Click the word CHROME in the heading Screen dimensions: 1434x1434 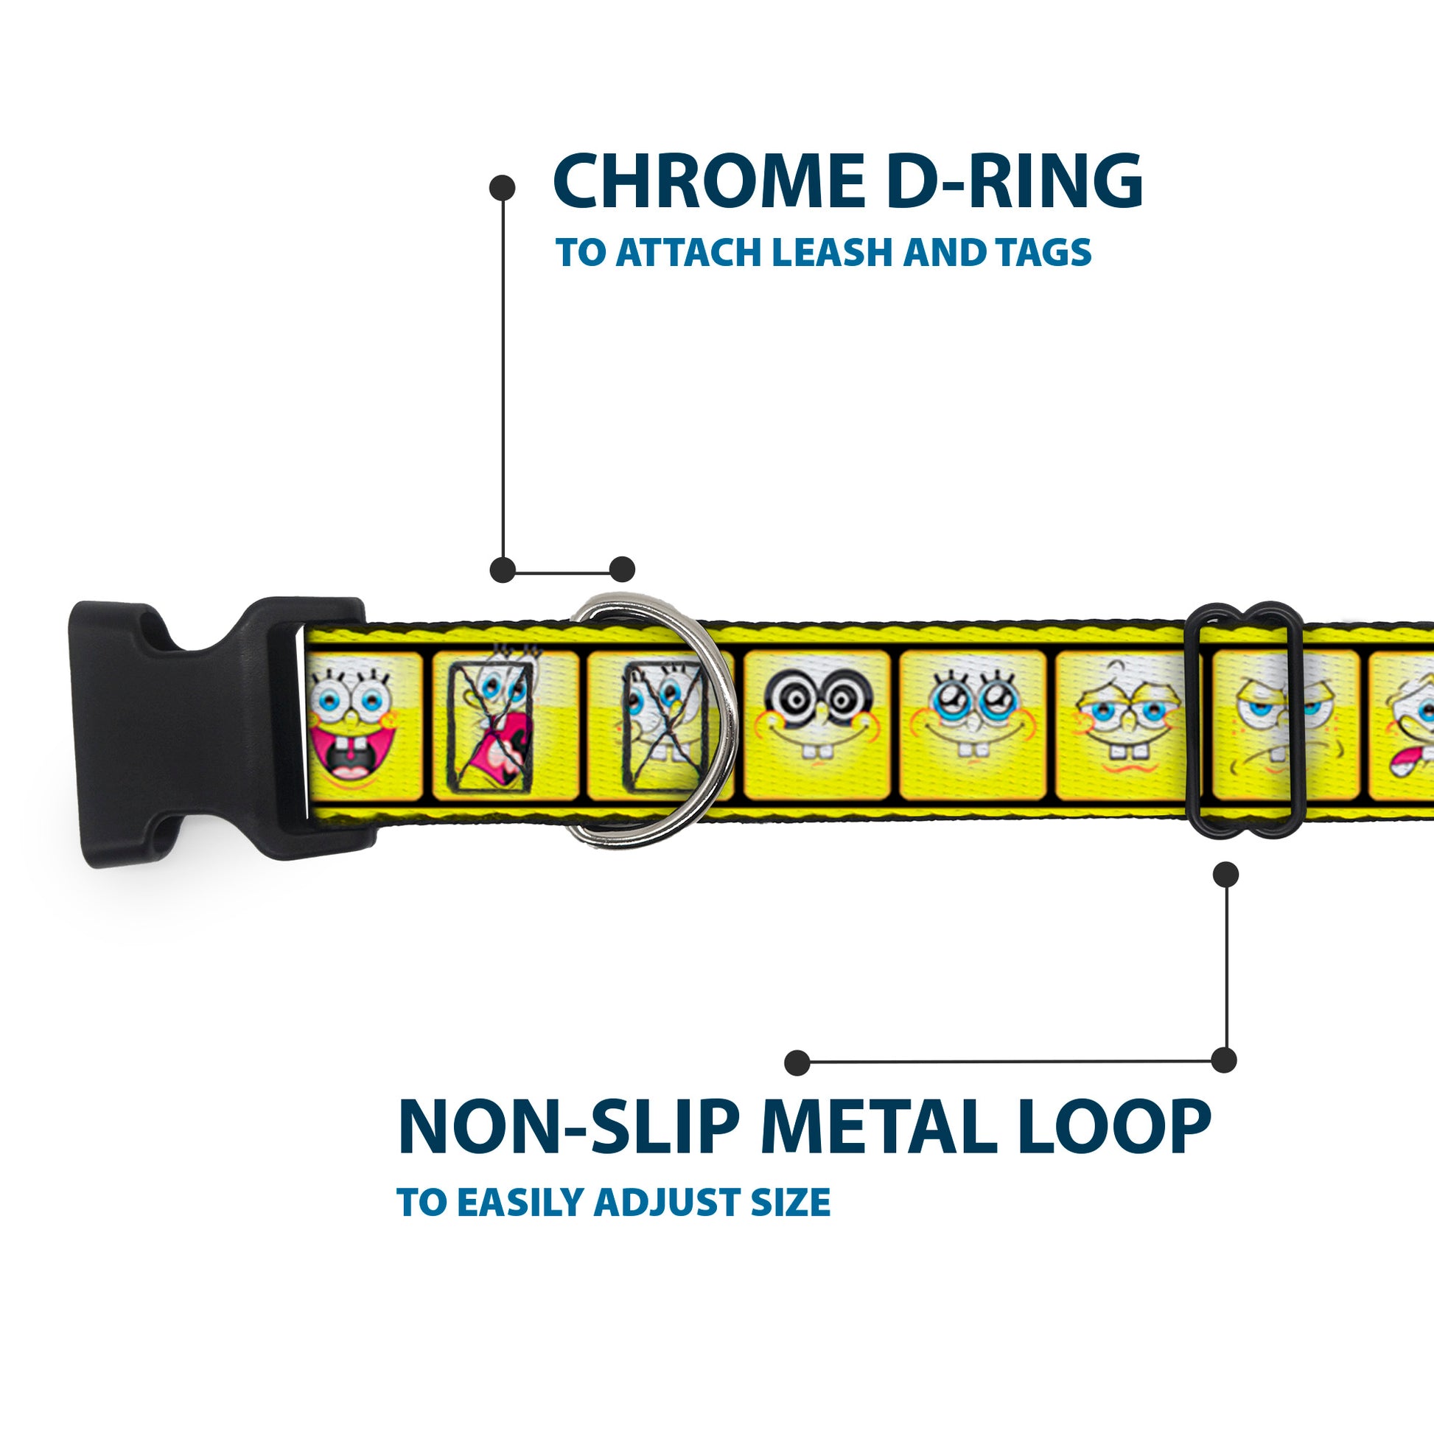(x=706, y=182)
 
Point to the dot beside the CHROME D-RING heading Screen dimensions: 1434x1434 (x=503, y=187)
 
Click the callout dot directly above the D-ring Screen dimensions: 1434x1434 (x=622, y=570)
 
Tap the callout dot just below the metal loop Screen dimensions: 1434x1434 (x=1225, y=875)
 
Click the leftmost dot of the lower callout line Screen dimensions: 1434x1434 (x=797, y=1062)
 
